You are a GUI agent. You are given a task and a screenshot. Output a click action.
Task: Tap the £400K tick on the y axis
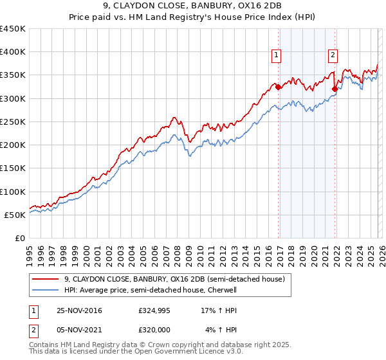[13, 52]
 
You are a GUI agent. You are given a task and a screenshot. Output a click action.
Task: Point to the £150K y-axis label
[13, 168]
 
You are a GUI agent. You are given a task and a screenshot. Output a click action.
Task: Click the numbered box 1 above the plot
[276, 56]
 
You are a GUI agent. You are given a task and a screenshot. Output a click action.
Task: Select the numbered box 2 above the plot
[333, 56]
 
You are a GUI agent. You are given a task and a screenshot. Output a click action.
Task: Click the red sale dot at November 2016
[278, 87]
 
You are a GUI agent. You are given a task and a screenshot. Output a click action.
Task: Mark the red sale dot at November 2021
[335, 89]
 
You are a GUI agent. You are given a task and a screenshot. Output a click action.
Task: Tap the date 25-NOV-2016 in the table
[79, 311]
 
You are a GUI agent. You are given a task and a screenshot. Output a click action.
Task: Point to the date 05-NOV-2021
[79, 330]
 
